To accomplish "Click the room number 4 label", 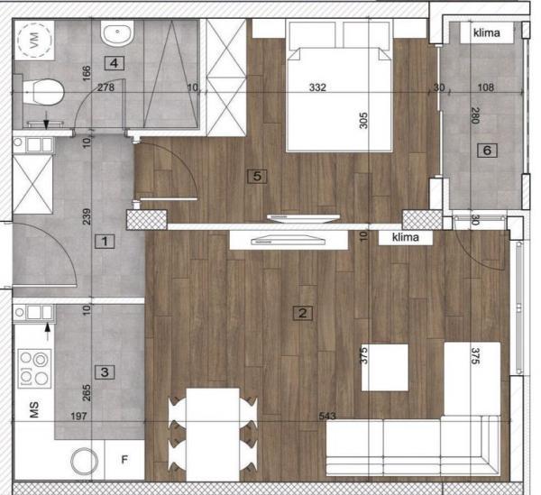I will tap(113, 62).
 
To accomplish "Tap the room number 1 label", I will tap(105, 242).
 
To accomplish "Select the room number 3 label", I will tap(105, 371).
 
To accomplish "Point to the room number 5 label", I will tap(257, 177).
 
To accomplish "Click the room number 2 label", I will tap(303, 314).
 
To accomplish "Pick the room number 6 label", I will tap(487, 151).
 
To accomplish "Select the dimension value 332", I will tap(316, 87).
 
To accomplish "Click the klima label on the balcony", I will tap(491, 33).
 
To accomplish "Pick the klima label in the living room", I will tap(408, 238).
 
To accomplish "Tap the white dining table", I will tap(213, 434).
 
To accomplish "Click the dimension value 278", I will tap(105, 87).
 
